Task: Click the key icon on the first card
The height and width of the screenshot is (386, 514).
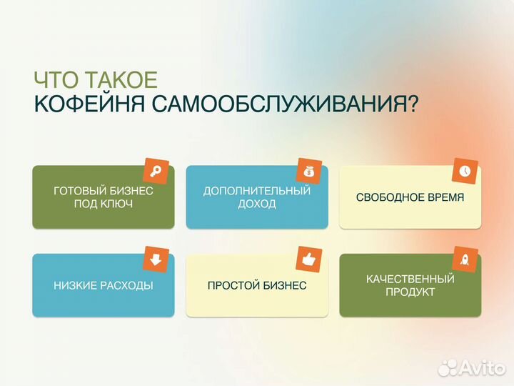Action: point(155,172)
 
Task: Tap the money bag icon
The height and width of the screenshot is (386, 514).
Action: point(308,172)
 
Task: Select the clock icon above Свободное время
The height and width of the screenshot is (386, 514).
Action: point(464,172)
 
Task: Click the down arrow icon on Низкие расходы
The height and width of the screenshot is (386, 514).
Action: point(155,259)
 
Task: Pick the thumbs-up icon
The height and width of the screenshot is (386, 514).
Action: point(308,259)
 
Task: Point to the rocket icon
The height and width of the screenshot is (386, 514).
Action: point(464,259)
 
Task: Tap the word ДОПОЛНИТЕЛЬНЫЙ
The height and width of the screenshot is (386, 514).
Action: point(257,191)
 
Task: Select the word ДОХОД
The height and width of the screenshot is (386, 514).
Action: point(257,204)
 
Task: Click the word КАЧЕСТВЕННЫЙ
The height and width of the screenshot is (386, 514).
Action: point(410,279)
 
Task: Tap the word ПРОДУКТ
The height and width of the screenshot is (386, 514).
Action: point(410,292)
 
